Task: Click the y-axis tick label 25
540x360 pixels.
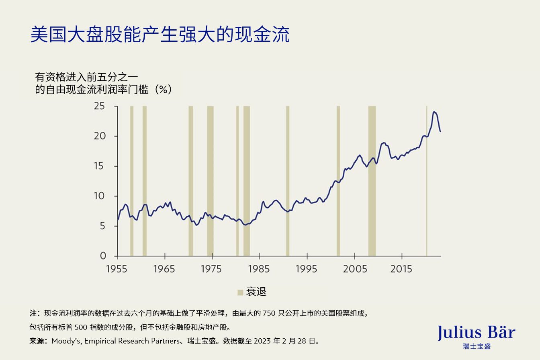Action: click(x=99, y=106)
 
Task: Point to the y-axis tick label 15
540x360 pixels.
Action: click(x=99, y=166)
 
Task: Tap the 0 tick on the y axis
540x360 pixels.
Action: click(x=102, y=256)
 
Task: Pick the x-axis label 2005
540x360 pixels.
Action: click(x=354, y=269)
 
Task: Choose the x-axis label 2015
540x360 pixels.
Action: click(x=401, y=269)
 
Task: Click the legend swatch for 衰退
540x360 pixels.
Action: click(x=240, y=292)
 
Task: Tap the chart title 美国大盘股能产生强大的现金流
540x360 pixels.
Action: click(x=160, y=35)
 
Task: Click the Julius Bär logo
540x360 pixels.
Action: click(x=476, y=335)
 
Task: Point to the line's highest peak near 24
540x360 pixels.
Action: click(x=434, y=112)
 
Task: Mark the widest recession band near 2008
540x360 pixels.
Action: click(x=372, y=181)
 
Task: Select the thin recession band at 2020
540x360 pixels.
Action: click(x=427, y=181)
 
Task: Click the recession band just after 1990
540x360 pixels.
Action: click(x=288, y=181)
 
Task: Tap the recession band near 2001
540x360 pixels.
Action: click(x=338, y=181)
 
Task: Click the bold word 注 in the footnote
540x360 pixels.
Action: click(x=33, y=313)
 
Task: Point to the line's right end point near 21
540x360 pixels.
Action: click(x=440, y=131)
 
